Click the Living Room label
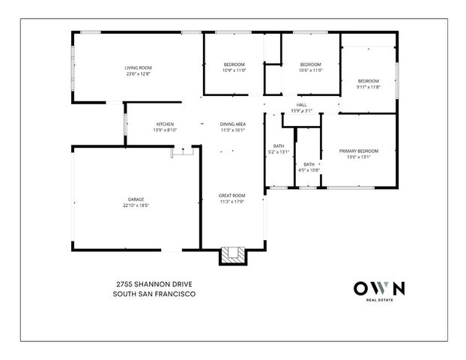139,67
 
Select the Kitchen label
165,124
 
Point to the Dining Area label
233,124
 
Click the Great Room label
232,195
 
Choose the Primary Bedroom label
358,151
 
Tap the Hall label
301,105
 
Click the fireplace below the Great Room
232,256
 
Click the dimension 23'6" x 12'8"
139,73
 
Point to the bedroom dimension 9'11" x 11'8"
368,87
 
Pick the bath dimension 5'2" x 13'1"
279,151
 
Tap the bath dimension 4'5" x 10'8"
309,170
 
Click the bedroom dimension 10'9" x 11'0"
234,70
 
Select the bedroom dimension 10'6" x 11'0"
310,70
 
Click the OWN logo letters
378,288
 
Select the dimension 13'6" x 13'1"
358,157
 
